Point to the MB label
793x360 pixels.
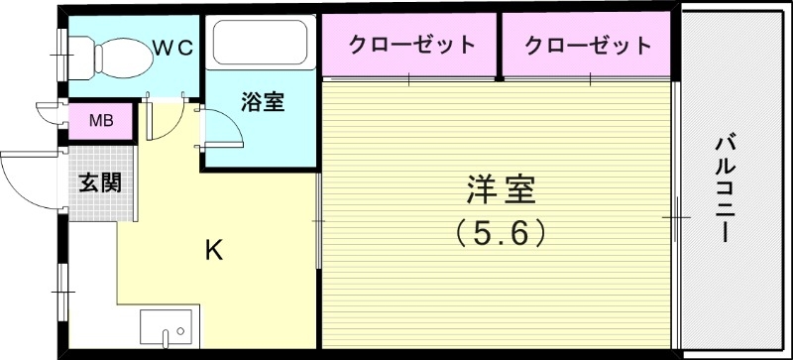click(101, 122)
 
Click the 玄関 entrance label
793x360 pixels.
click(100, 182)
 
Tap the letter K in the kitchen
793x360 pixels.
click(213, 250)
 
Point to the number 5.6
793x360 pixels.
click(501, 233)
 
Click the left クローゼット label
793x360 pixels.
click(410, 45)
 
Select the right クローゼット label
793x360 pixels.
click(589, 45)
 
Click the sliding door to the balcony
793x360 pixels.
click(677, 212)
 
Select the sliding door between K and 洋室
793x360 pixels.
click(318, 213)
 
